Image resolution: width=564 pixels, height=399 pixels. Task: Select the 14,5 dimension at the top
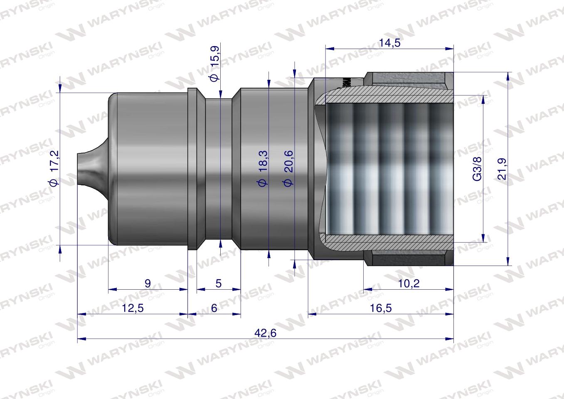pos(389,42)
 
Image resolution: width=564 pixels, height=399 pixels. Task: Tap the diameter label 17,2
pos(55,169)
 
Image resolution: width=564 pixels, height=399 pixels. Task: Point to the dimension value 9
pos(148,283)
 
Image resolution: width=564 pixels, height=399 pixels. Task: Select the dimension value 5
pos(219,283)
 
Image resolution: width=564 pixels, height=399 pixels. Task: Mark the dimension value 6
pos(214,308)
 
